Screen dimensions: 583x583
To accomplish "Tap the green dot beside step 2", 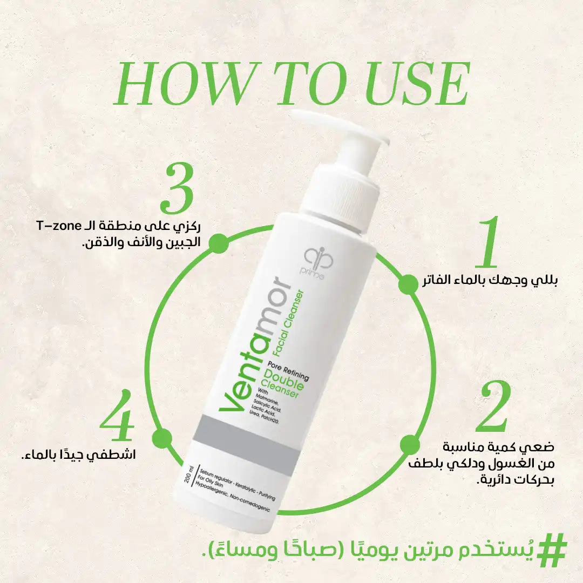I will pos(409,446).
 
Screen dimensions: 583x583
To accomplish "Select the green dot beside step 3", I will pos(218,243).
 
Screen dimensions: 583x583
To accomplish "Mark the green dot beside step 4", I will pos(162,438).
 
